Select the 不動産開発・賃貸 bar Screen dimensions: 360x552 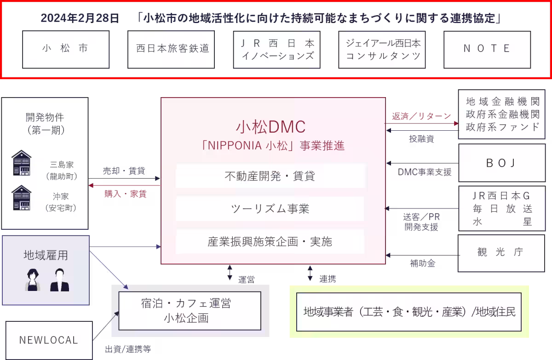[x=270, y=176]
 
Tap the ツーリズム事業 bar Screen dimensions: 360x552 [x=270, y=209]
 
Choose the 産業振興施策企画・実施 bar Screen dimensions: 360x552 [x=270, y=242]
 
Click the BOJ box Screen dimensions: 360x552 [x=501, y=163]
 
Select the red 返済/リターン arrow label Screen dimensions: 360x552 [x=421, y=116]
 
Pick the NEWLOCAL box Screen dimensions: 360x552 [x=49, y=340]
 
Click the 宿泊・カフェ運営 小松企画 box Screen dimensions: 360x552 [x=190, y=311]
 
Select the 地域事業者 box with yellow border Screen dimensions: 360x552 [x=409, y=312]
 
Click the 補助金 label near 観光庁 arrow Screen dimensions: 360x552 [x=422, y=264]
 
